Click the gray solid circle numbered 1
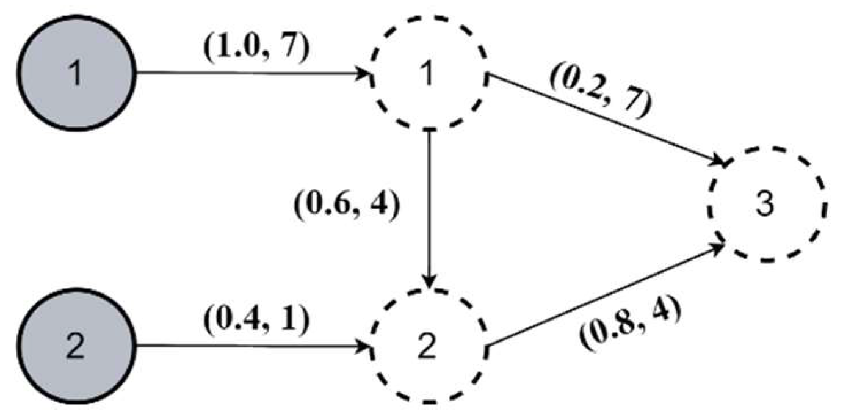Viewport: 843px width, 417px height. pyautogui.click(x=76, y=72)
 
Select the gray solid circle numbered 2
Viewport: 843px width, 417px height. pyautogui.click(x=76, y=346)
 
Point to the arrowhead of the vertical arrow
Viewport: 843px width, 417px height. pyautogui.click(x=432, y=282)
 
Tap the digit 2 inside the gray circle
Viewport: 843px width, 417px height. pyautogui.click(x=76, y=346)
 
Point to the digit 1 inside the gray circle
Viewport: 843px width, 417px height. pyautogui.click(x=76, y=72)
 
